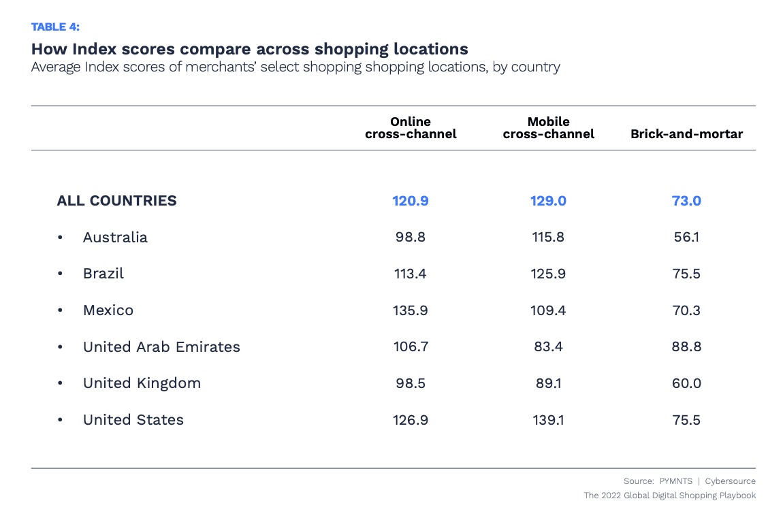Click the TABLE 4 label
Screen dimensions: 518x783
click(x=55, y=27)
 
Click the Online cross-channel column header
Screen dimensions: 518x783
click(x=411, y=127)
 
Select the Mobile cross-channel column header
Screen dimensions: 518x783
click(x=548, y=127)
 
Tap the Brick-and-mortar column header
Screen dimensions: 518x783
click(x=686, y=134)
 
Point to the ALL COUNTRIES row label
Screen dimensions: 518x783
click(x=116, y=201)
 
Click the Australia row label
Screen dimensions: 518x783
click(x=115, y=238)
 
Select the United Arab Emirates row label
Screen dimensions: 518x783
click(x=161, y=347)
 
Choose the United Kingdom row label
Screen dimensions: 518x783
click(x=142, y=383)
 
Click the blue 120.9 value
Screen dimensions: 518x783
click(x=411, y=201)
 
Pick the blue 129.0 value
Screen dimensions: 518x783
click(x=548, y=201)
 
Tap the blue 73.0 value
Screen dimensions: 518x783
click(x=686, y=201)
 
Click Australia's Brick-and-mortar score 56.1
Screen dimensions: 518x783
click(x=686, y=238)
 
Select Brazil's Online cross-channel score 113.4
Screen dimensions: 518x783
click(x=411, y=274)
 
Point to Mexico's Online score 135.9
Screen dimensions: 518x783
click(x=411, y=310)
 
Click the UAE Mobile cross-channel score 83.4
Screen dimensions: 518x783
click(x=548, y=347)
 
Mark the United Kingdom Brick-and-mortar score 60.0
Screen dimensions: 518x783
click(x=686, y=383)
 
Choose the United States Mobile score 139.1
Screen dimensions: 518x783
click(x=548, y=420)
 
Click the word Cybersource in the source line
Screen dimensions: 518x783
click(x=730, y=481)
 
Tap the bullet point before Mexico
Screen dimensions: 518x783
click(x=61, y=310)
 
